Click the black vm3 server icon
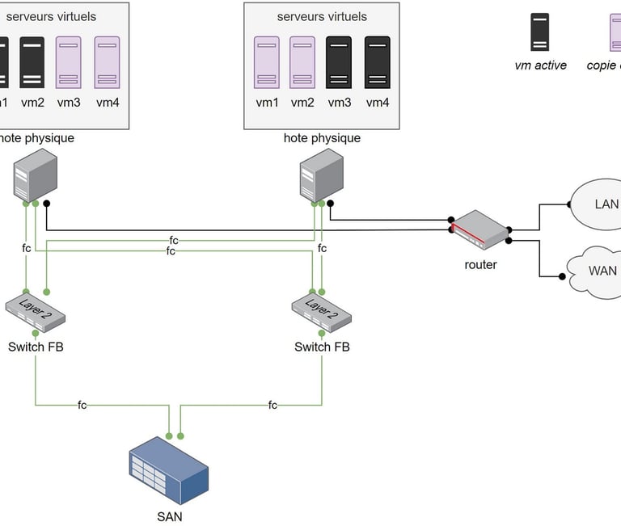point(339,62)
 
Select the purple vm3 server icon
point(69,62)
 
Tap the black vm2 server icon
point(32,62)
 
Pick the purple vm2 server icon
point(302,62)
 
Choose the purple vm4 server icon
point(107,62)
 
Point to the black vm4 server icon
point(378,62)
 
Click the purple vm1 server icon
point(267,62)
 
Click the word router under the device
point(480,264)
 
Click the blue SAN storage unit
point(168,471)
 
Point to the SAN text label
point(169,516)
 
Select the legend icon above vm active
point(540,32)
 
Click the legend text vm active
point(540,65)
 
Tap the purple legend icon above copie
point(615,32)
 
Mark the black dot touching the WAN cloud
point(562,276)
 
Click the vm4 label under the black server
point(378,103)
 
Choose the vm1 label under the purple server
point(267,103)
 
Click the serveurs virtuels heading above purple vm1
point(322,16)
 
